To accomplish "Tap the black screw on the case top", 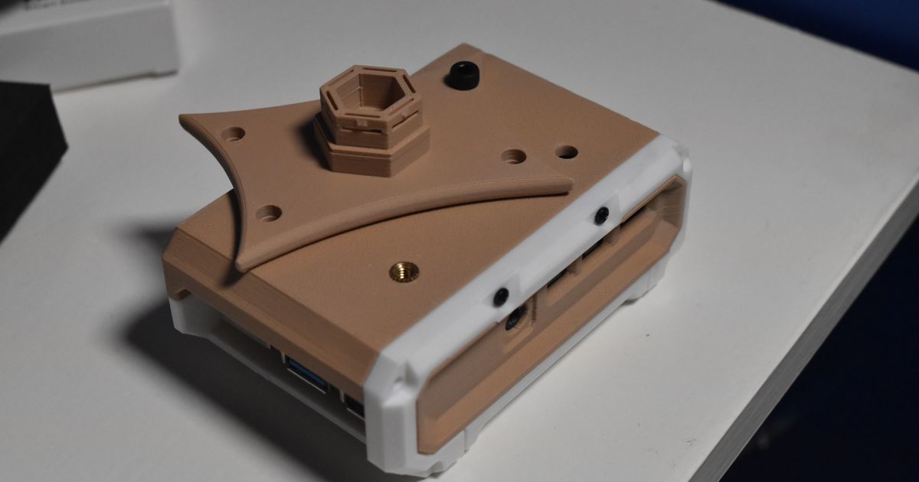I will (x=462, y=75).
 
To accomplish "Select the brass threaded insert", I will (x=404, y=270).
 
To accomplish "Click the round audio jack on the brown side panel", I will (x=515, y=317).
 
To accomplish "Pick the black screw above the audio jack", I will (x=501, y=295).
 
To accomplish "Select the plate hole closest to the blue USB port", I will (x=269, y=213).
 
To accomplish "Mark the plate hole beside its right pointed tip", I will (x=513, y=157).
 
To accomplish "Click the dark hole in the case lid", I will (x=566, y=151).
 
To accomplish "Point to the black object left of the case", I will (x=27, y=153).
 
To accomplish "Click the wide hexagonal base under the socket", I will (x=371, y=153).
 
